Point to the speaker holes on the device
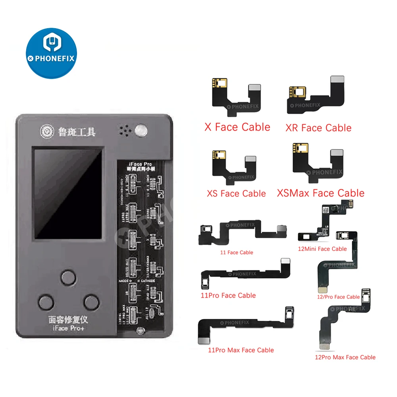[125, 130]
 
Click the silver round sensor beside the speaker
[141, 130]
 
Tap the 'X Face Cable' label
[237, 127]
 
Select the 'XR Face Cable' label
[318, 128]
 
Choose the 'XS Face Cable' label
[236, 193]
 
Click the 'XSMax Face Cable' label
[320, 193]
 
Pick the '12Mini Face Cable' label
[322, 249]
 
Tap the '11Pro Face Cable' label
[228, 295]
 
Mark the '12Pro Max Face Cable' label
[345, 357]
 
